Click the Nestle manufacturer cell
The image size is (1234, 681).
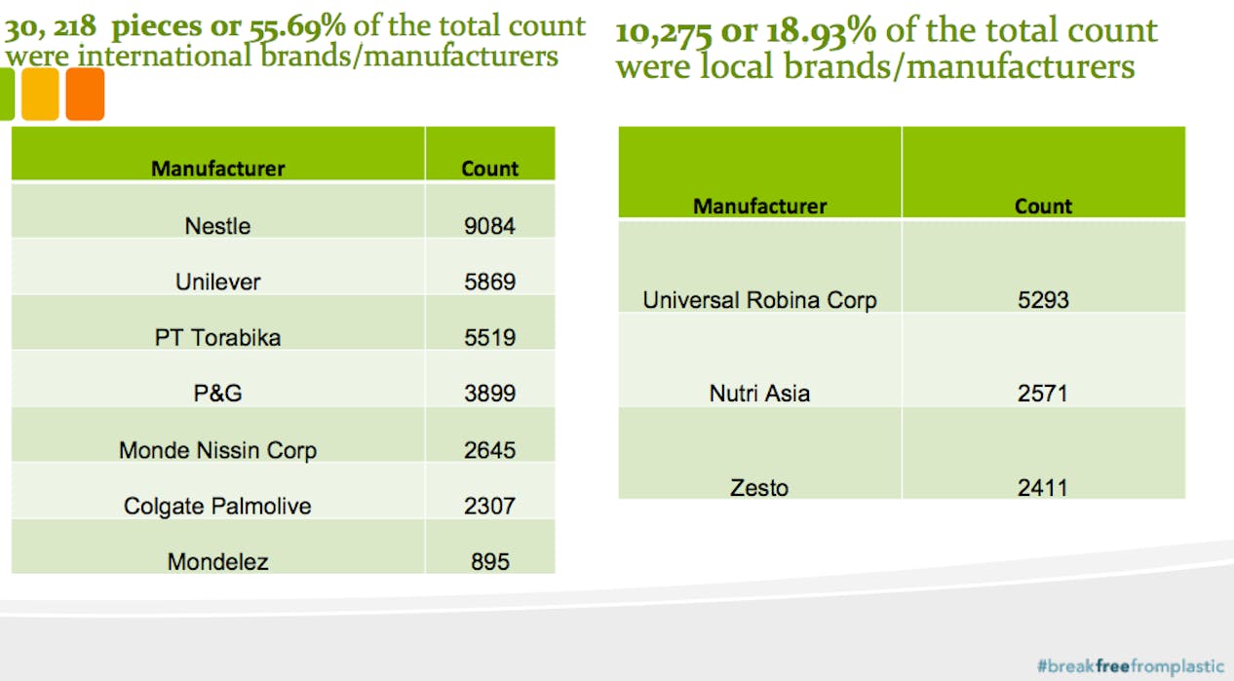(217, 226)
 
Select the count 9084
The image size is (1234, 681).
(489, 226)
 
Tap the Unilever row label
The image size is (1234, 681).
(217, 283)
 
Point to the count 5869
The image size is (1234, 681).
(489, 283)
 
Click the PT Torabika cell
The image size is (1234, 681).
(217, 338)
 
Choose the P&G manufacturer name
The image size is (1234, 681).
(217, 394)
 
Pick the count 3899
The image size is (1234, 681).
(489, 394)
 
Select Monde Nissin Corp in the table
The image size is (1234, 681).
(217, 450)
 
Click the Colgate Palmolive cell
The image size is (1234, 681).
(217, 506)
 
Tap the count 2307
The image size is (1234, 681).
(489, 506)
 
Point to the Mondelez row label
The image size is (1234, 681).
(217, 561)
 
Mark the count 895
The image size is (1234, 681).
(489, 561)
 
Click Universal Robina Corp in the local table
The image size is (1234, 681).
(759, 300)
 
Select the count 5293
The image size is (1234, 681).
(1043, 300)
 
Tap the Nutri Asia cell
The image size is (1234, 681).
(759, 394)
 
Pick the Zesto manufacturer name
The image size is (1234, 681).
(759, 487)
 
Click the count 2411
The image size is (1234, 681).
(1043, 487)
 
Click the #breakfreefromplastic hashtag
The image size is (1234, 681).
(1130, 666)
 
